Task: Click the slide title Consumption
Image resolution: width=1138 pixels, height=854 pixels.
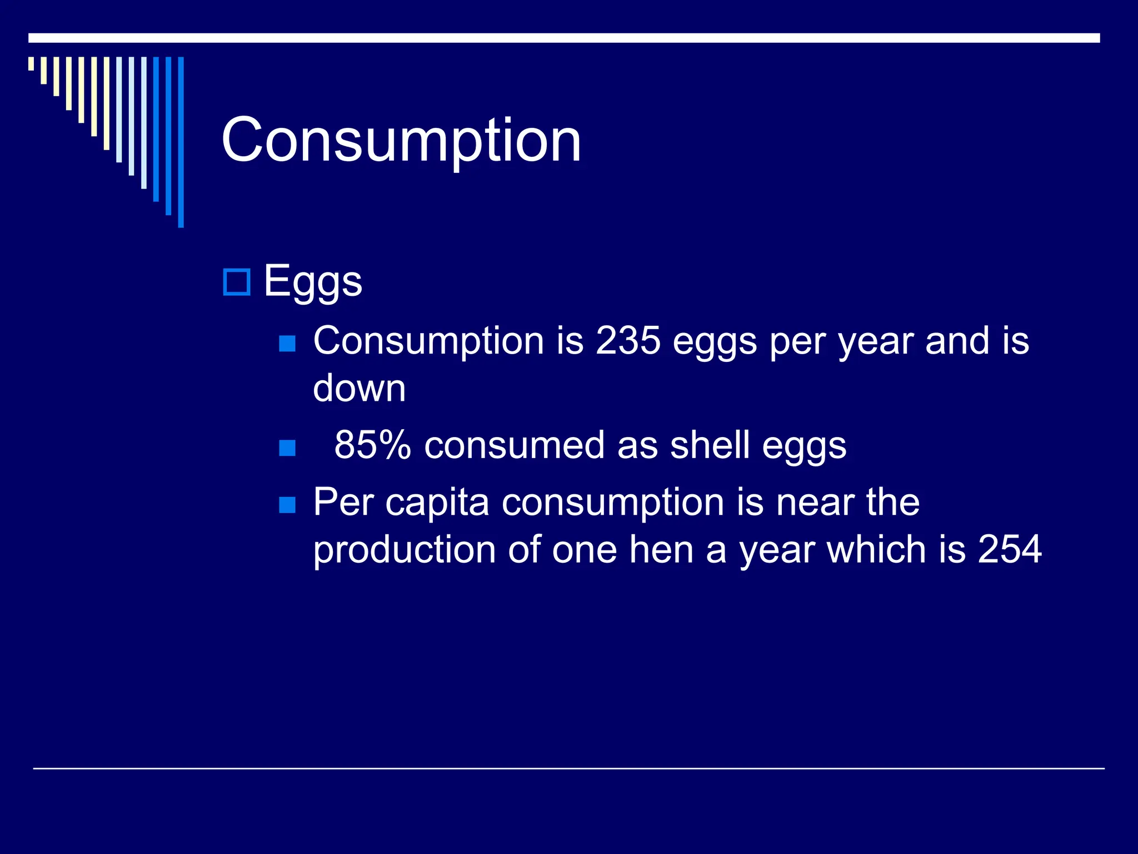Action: [x=401, y=140]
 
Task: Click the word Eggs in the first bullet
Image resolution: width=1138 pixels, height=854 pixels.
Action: [x=313, y=281]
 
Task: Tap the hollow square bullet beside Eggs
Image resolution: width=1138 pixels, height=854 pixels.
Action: [x=237, y=282]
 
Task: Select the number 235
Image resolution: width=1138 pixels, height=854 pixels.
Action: [x=628, y=340]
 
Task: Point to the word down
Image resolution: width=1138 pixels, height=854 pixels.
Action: [x=359, y=388]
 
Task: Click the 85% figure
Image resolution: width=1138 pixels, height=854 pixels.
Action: [x=372, y=445]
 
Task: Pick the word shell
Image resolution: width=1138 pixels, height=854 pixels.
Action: [x=710, y=445]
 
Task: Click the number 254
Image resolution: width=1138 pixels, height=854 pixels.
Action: [x=1009, y=549]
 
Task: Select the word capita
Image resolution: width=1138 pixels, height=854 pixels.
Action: [x=437, y=502]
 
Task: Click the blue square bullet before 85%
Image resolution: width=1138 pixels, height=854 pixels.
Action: [x=287, y=448]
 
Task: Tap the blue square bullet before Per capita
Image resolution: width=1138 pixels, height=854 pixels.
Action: [x=287, y=505]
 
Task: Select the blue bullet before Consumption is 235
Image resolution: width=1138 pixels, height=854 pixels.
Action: [x=287, y=344]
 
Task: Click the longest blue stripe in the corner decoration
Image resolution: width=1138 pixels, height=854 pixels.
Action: [x=181, y=142]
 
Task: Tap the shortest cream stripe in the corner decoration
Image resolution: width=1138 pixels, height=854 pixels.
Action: [x=31, y=63]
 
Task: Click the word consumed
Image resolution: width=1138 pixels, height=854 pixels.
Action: [x=514, y=445]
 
